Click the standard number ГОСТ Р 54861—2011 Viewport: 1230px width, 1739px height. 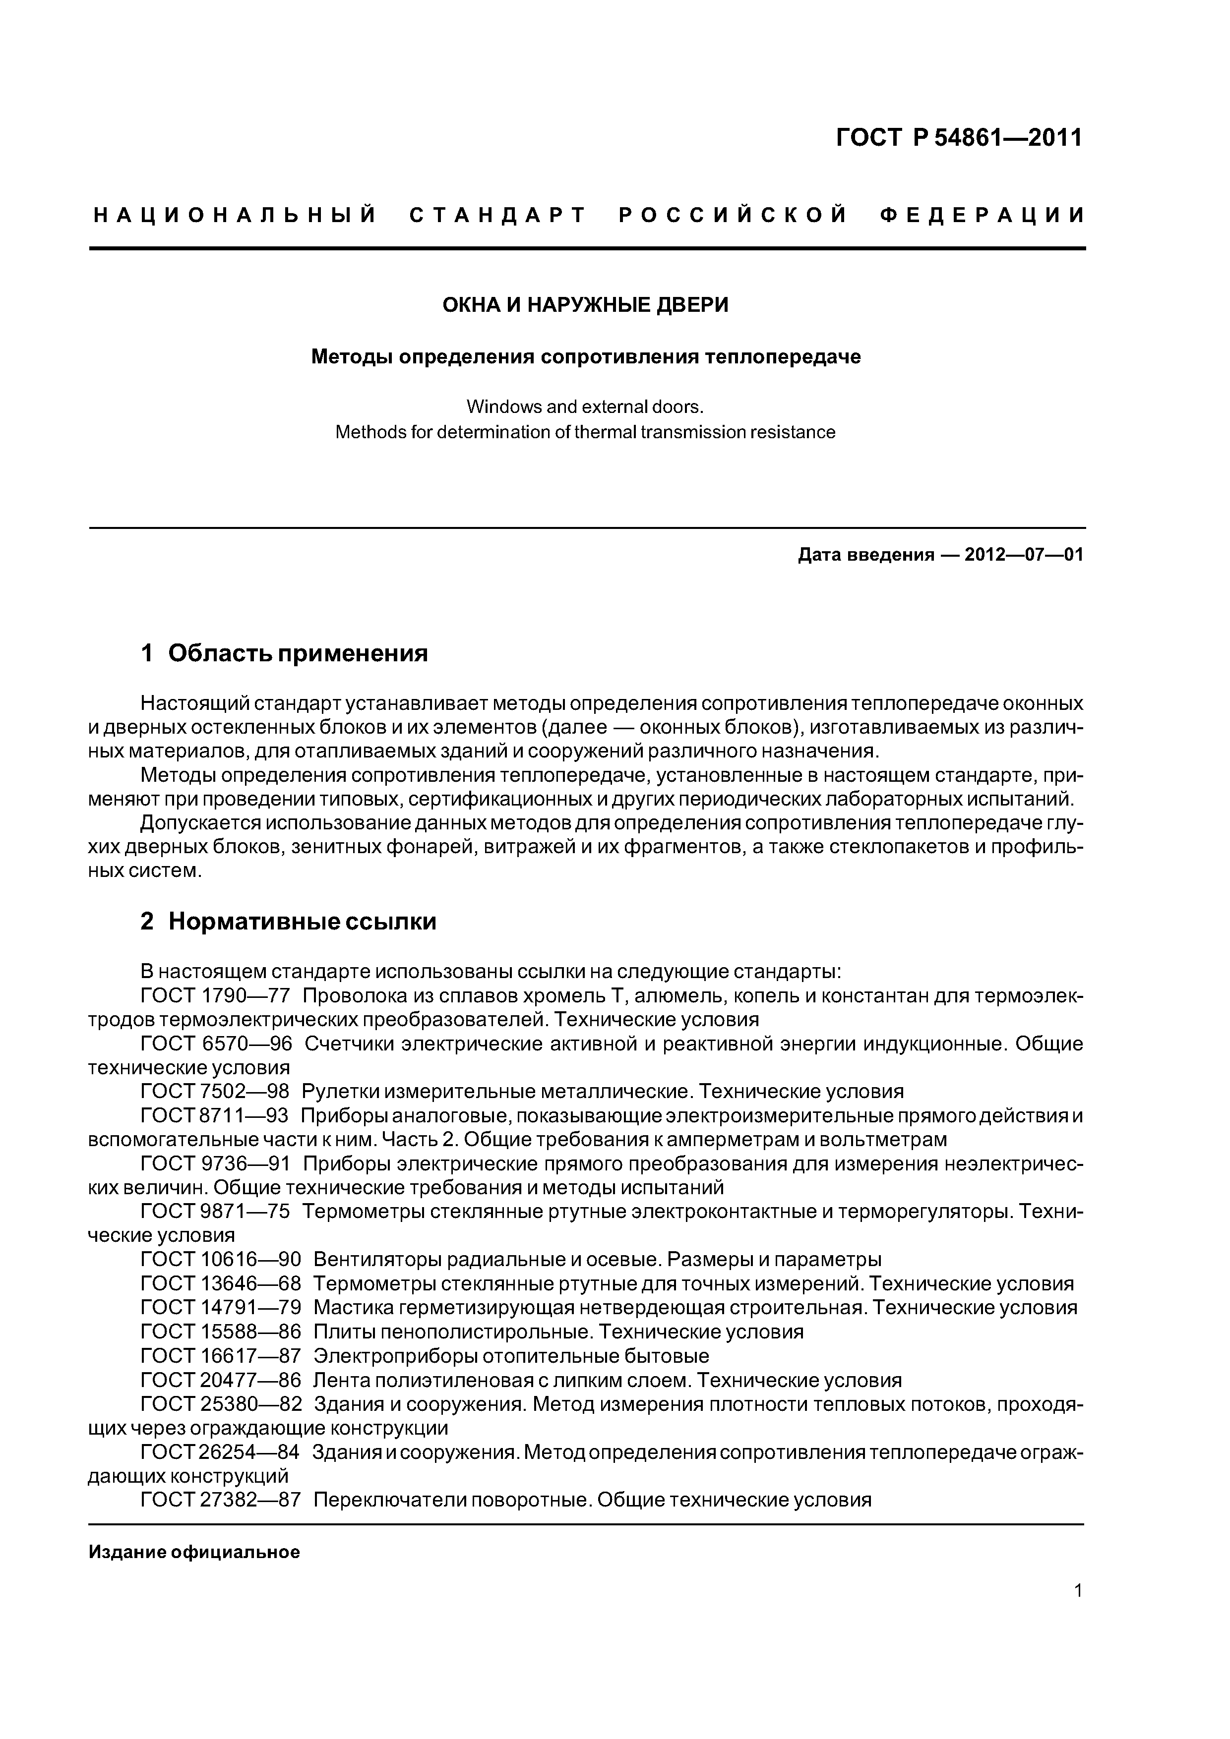(959, 138)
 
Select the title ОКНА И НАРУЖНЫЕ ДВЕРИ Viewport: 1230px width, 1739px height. (585, 305)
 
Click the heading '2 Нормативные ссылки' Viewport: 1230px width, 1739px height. (289, 922)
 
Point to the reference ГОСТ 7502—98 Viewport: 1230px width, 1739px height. (215, 1092)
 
